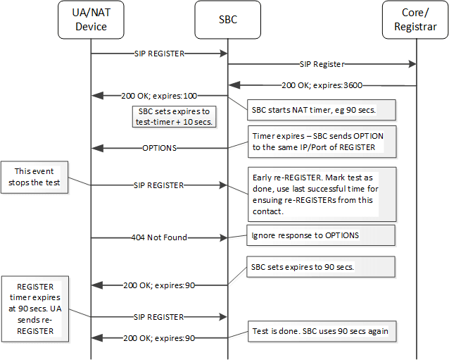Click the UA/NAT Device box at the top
tap(91, 20)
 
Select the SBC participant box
tap(227, 20)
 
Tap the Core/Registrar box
tap(415, 20)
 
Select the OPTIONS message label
tap(159, 148)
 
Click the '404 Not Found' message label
tap(159, 237)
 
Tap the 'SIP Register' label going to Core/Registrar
tap(322, 64)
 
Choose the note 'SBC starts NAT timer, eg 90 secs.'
tap(321, 110)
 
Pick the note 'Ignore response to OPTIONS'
tap(321, 235)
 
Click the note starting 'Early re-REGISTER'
tap(321, 193)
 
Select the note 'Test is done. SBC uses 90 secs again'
tap(321, 330)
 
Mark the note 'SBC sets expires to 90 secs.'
tap(321, 266)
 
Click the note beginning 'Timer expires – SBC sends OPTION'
tap(321, 142)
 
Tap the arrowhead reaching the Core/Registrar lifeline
tap(412, 64)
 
